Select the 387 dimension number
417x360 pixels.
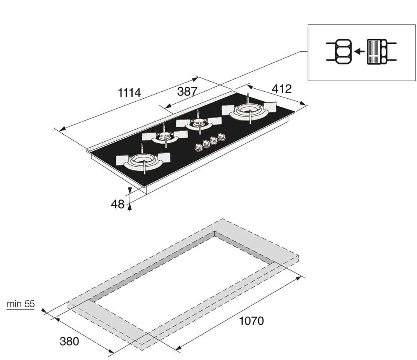(x=187, y=92)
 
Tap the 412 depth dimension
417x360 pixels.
(x=281, y=89)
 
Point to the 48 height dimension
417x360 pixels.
(x=118, y=204)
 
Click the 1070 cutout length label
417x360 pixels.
(x=251, y=321)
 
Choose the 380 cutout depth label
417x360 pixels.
(x=69, y=341)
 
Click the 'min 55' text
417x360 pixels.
(x=21, y=304)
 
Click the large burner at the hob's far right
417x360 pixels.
(x=249, y=111)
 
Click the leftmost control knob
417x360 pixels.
(x=198, y=148)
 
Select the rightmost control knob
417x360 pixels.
(x=221, y=137)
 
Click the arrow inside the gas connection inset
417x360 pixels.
(x=360, y=51)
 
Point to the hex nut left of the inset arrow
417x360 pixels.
(x=343, y=51)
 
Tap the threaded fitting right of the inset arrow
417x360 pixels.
(x=377, y=52)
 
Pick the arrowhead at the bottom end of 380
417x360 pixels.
(x=111, y=351)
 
